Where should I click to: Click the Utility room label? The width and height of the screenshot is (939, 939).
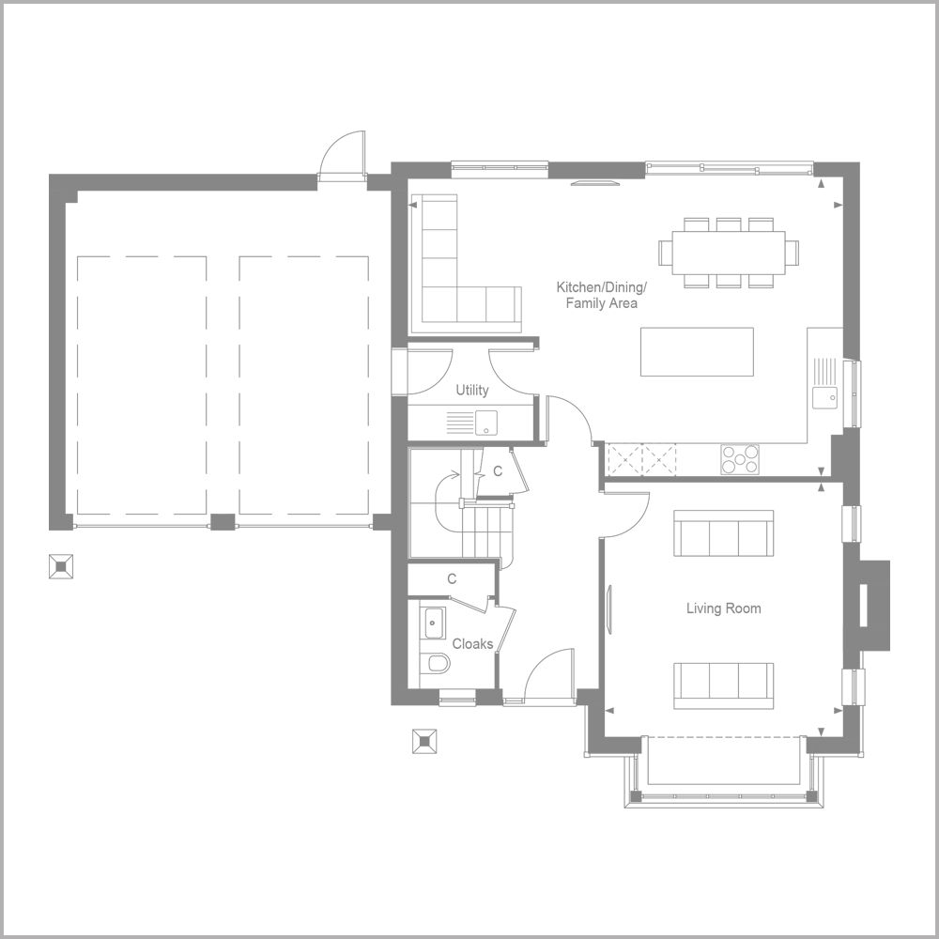pyautogui.click(x=472, y=390)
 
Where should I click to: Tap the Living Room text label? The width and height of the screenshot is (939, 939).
pyautogui.click(x=723, y=608)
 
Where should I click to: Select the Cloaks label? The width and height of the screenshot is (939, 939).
pyautogui.click(x=472, y=644)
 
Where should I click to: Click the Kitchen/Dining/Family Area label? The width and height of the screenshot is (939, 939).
pyautogui.click(x=601, y=295)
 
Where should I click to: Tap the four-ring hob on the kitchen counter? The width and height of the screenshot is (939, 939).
pyautogui.click(x=740, y=459)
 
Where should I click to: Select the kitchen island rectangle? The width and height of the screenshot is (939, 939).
pyautogui.click(x=697, y=351)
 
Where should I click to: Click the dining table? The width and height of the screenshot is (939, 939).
pyautogui.click(x=729, y=253)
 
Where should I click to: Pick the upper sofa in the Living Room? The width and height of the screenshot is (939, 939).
pyautogui.click(x=723, y=533)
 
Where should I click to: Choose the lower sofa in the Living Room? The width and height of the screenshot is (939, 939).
pyautogui.click(x=723, y=685)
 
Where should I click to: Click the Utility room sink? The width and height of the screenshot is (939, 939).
pyautogui.click(x=486, y=423)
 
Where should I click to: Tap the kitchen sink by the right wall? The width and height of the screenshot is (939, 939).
pyautogui.click(x=825, y=397)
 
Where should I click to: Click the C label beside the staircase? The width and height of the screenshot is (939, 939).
pyautogui.click(x=498, y=472)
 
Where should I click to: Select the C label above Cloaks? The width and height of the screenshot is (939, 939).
pyautogui.click(x=452, y=579)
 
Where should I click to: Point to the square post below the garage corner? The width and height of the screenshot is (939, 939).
pyautogui.click(x=61, y=566)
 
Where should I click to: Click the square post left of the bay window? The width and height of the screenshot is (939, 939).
pyautogui.click(x=424, y=742)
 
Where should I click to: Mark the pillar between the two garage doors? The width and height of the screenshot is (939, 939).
pyautogui.click(x=223, y=522)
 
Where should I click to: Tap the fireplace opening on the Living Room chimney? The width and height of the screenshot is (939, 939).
pyautogui.click(x=864, y=605)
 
